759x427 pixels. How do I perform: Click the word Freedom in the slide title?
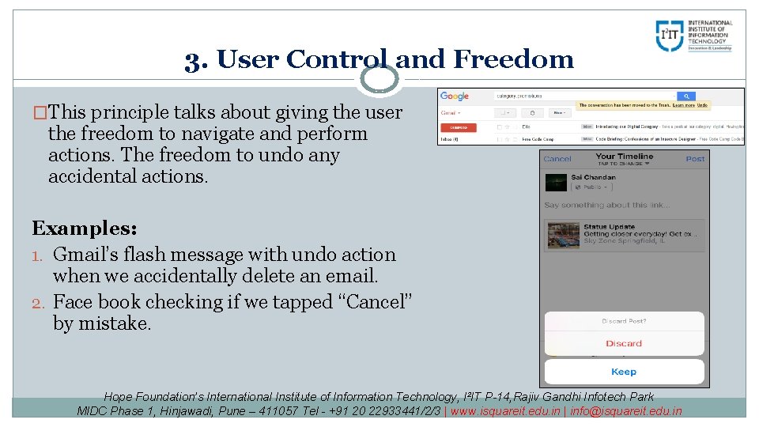point(515,59)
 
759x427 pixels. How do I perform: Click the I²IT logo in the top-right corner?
point(694,36)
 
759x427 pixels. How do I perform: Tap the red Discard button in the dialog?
point(624,343)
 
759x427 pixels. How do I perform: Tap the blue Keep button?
point(624,372)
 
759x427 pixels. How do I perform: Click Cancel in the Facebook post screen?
point(557,159)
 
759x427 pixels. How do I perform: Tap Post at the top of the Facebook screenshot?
point(695,159)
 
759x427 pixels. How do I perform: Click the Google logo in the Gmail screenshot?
point(455,96)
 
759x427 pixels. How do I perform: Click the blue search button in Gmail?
point(688,96)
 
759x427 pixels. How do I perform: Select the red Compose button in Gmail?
point(458,127)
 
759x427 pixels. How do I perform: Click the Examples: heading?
point(85,229)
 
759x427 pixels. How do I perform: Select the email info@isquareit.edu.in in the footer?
point(625,410)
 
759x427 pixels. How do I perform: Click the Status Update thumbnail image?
point(563,235)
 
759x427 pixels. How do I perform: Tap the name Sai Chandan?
point(593,177)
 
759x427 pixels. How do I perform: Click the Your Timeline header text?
point(624,157)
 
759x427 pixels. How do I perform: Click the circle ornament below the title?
point(379,78)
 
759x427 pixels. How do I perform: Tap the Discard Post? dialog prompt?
point(624,321)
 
